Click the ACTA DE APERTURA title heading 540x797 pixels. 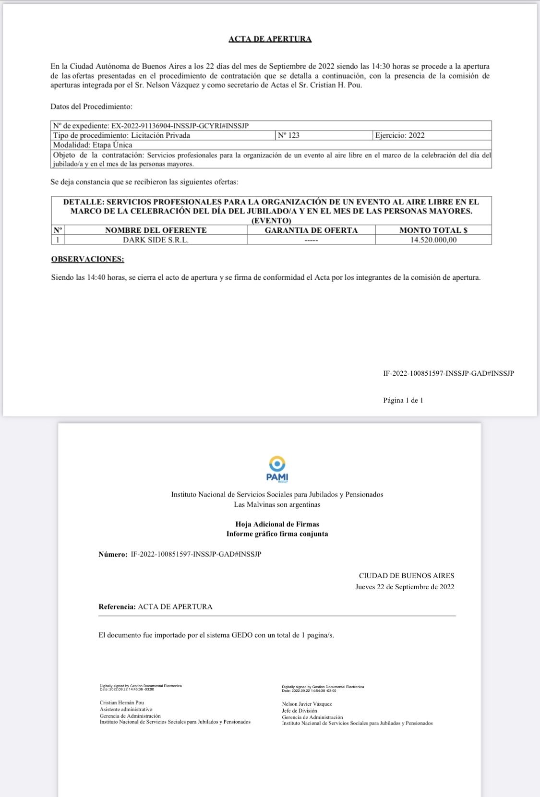[x=270, y=39]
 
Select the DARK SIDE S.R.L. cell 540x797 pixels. [x=156, y=240]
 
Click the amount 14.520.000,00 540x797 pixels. [x=433, y=240]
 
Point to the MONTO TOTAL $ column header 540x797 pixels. [x=433, y=230]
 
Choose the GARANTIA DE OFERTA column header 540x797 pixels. [x=311, y=230]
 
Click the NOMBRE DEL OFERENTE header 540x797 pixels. [x=156, y=230]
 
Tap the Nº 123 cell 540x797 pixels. [x=288, y=135]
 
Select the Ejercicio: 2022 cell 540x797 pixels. [x=400, y=135]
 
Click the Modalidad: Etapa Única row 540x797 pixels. [x=93, y=145]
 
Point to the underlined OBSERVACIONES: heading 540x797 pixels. [x=87, y=259]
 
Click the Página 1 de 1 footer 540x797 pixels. [x=403, y=400]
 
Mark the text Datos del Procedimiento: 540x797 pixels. [x=91, y=107]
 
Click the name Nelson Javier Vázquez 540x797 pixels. [x=307, y=704]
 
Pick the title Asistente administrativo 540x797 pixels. [x=126, y=709]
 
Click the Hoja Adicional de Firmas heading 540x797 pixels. [x=277, y=524]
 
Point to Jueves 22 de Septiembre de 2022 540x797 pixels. [x=405, y=587]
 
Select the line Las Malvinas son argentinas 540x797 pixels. [x=277, y=504]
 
